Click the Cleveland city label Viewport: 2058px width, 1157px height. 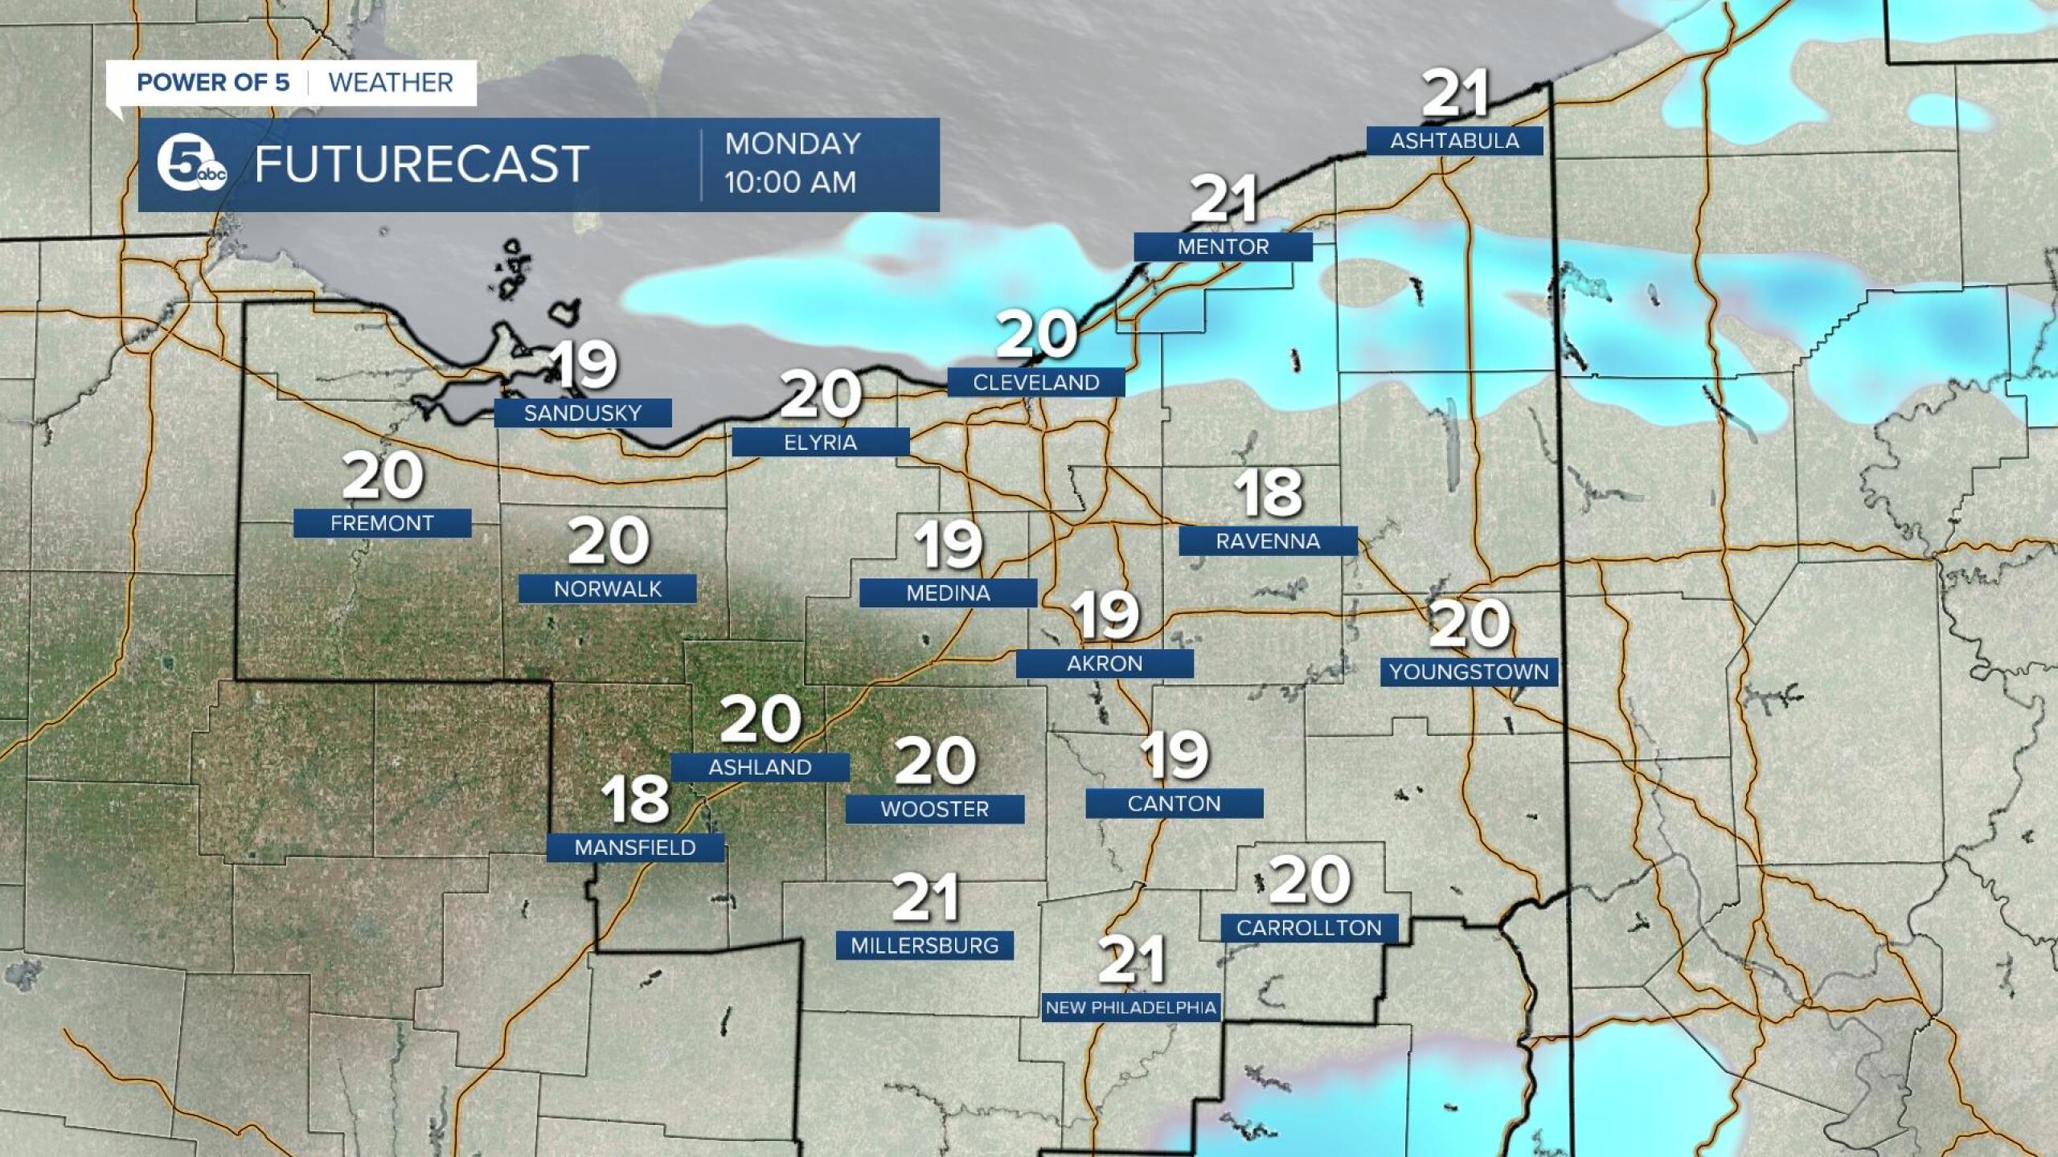tap(1035, 382)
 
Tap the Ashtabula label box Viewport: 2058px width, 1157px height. tap(1454, 141)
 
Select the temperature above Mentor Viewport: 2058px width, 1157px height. tap(1223, 200)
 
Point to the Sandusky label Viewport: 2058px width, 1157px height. tap(583, 413)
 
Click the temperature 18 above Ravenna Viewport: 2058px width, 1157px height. tap(1269, 493)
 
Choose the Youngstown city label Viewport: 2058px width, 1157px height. tap(1469, 672)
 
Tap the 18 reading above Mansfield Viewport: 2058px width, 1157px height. tap(635, 799)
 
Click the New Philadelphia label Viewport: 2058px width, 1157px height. tap(1130, 1008)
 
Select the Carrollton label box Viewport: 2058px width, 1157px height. tap(1309, 928)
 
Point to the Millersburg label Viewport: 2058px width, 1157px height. tap(924, 945)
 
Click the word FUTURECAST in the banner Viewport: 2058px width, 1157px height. tap(422, 165)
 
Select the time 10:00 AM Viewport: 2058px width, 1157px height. tap(790, 182)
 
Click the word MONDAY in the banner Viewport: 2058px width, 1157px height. tap(793, 144)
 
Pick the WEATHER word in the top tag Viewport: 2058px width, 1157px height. tap(391, 83)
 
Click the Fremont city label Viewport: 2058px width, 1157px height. tap(382, 523)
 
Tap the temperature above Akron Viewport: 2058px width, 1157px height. tap(1106, 615)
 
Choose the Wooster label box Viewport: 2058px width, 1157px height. tap(934, 808)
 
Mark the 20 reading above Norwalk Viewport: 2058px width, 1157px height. tap(609, 541)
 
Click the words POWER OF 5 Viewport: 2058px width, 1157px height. tap(213, 83)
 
